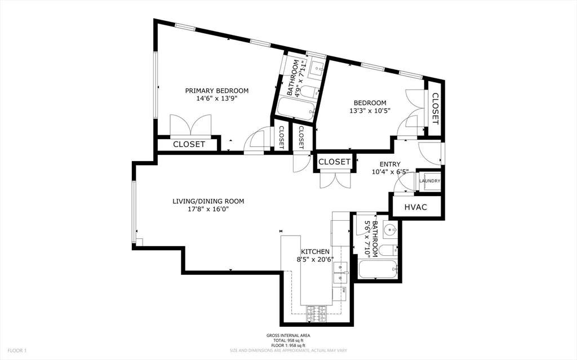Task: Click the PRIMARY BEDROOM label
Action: click(x=217, y=90)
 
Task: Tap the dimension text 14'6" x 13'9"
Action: click(x=217, y=98)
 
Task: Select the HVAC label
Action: click(x=416, y=207)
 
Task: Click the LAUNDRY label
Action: click(x=429, y=181)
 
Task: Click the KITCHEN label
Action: click(x=315, y=251)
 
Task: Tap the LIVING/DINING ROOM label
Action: click(x=208, y=201)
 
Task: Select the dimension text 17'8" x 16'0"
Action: click(x=208, y=209)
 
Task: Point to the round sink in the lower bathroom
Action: click(x=389, y=230)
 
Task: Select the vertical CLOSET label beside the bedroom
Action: click(x=436, y=108)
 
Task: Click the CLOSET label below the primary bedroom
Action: click(x=189, y=144)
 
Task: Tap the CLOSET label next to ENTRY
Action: click(x=334, y=162)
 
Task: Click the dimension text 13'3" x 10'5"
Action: click(x=370, y=110)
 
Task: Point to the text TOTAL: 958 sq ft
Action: click(x=288, y=340)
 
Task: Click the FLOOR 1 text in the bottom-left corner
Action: click(x=17, y=350)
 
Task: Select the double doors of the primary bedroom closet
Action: click(x=191, y=125)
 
